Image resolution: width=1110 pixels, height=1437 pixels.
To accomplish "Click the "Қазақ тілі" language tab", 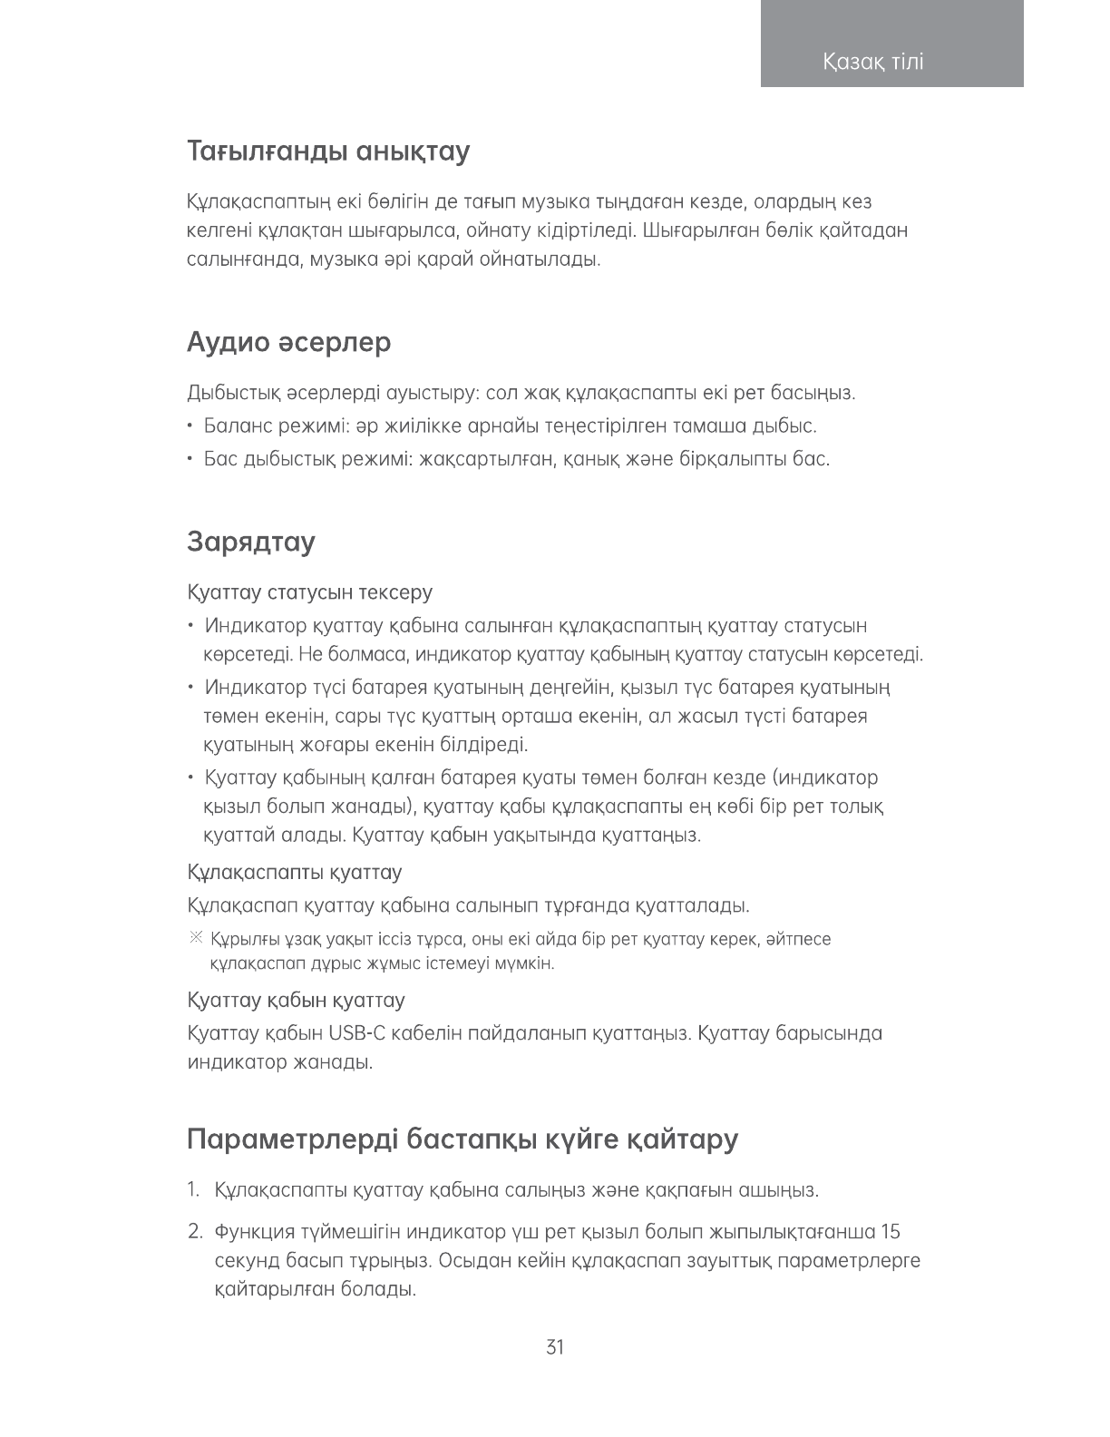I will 873,62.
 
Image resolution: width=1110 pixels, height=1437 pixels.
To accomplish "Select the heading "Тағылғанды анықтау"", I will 328,151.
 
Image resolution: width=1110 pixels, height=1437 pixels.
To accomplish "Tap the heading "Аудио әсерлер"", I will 289,342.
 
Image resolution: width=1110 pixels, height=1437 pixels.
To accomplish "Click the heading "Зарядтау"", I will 251,542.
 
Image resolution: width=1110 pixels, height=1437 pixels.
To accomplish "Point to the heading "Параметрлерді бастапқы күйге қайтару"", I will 462,1139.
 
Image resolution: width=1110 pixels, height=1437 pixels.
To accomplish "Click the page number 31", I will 555,1347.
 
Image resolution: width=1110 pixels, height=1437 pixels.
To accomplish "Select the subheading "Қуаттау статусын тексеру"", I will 310,592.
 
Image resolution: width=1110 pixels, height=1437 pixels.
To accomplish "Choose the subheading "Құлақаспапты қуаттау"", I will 295,873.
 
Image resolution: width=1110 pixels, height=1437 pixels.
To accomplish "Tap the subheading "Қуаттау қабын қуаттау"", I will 296,1001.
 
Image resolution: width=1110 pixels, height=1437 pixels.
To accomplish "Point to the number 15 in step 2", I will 891,1232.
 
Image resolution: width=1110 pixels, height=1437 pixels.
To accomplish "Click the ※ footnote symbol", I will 195,938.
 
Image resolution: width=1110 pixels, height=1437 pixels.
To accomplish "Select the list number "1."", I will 193,1189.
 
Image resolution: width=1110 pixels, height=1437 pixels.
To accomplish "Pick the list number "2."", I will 194,1232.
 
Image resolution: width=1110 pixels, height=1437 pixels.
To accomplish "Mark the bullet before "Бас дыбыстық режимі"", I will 190,459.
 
